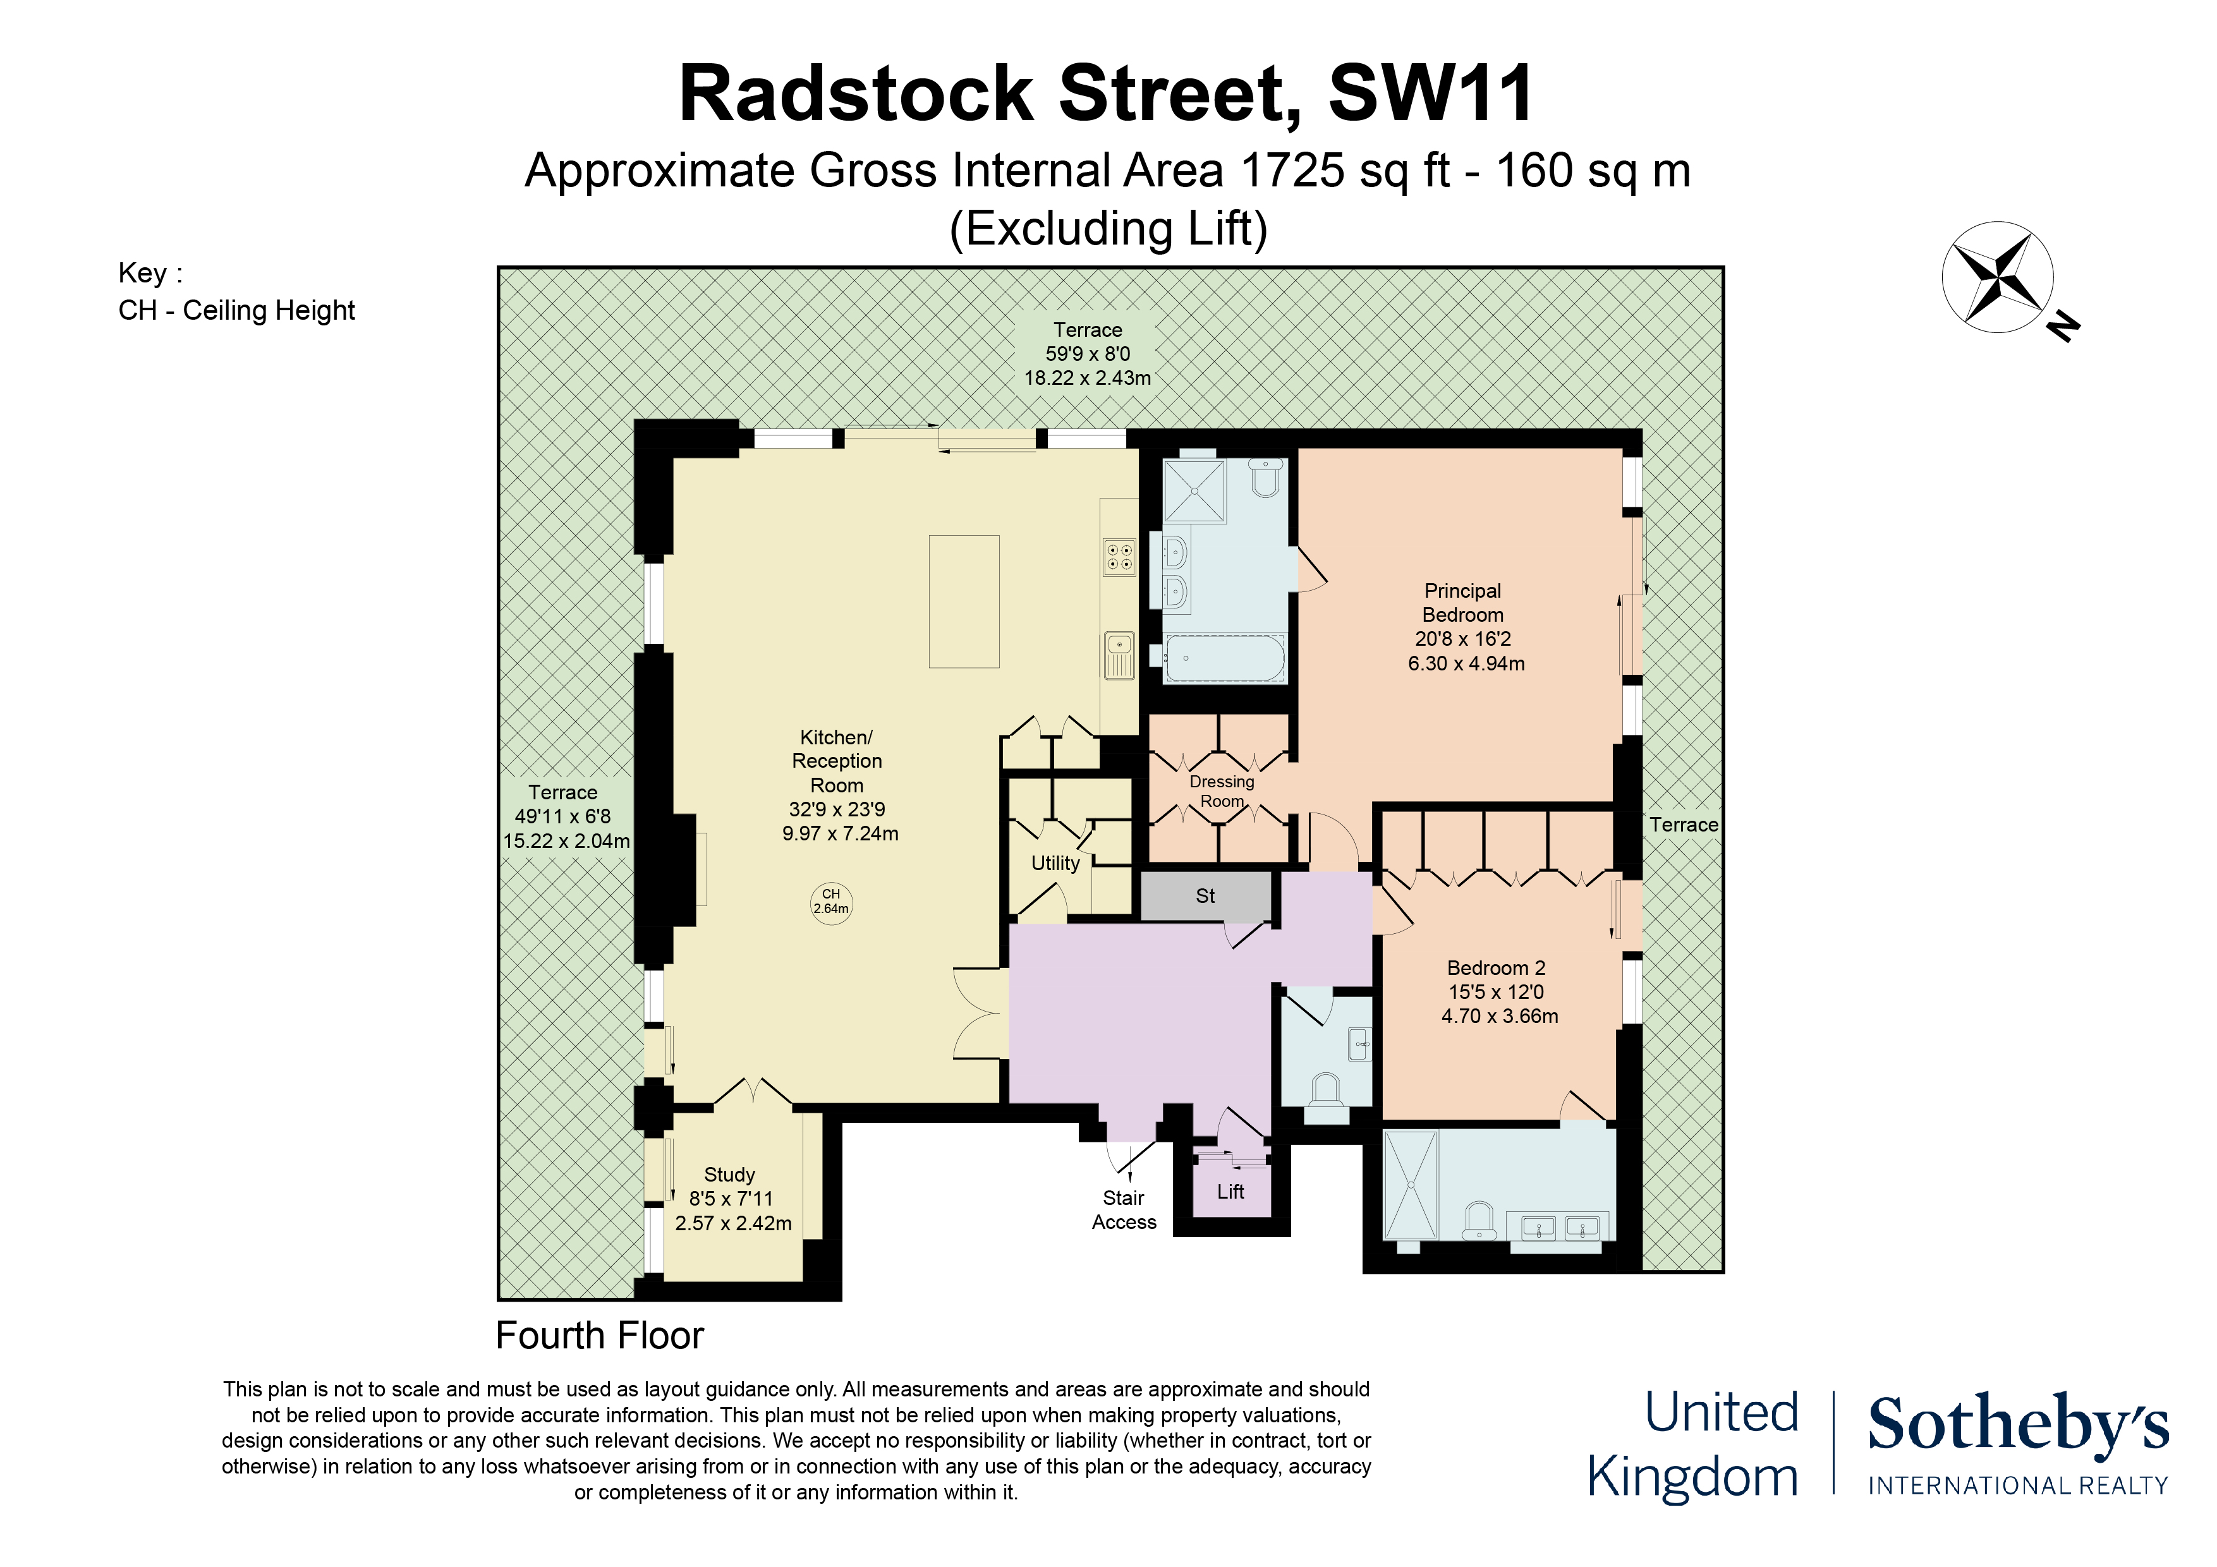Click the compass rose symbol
[1997, 277]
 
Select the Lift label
[1230, 1192]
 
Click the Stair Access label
[1124, 1210]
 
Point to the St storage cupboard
[1206, 896]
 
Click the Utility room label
[1055, 863]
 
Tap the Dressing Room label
[1222, 790]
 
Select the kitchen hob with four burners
[1119, 556]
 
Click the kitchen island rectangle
[964, 602]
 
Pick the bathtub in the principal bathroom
[1224, 658]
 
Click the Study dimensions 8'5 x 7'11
[731, 1198]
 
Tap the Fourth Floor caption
[600, 1335]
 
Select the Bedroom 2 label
[1496, 967]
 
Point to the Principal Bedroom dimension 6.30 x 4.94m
[1466, 663]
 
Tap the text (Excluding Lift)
[1108, 229]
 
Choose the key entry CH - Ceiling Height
[236, 310]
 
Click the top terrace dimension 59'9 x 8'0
[1087, 353]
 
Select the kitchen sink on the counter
[1119, 656]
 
